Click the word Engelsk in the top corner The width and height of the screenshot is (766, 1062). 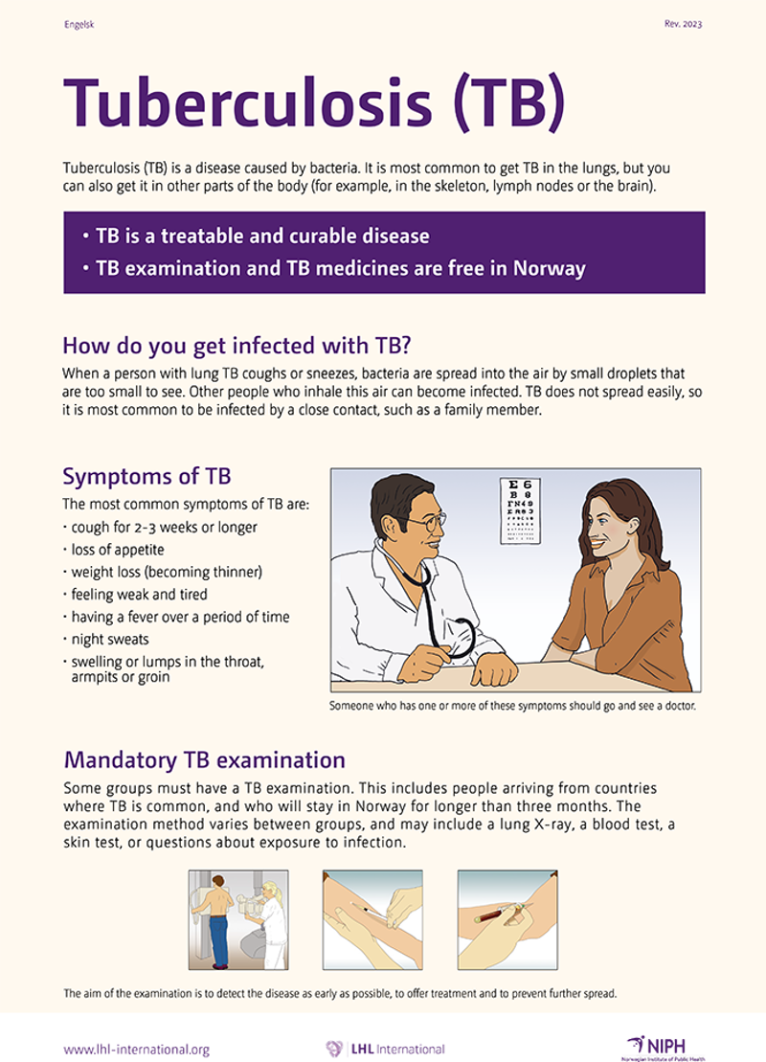tap(78, 24)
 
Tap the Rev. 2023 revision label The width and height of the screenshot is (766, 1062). tap(682, 24)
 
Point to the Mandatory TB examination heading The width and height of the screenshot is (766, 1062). tap(204, 760)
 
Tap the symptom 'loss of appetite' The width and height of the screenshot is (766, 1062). tap(115, 550)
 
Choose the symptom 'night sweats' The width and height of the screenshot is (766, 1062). tap(107, 639)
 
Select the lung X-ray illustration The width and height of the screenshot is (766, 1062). tap(237, 919)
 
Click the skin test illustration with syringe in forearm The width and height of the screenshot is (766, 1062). tap(372, 919)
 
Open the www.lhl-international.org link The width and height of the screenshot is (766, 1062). tap(136, 1050)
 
